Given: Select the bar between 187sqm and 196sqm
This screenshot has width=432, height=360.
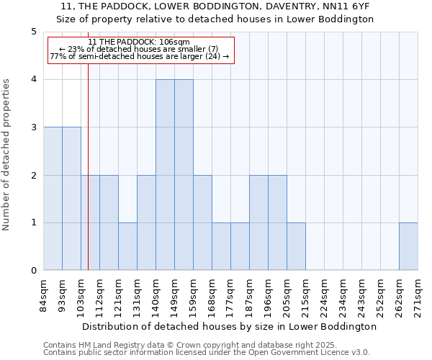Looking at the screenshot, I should tap(258, 222).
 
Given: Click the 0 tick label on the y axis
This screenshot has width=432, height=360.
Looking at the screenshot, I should tap(33, 271).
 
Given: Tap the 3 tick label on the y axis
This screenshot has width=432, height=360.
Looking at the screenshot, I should tap(33, 127).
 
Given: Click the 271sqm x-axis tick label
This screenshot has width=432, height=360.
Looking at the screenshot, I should tap(418, 295).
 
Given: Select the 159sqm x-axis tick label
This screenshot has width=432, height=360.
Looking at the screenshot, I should tap(194, 295).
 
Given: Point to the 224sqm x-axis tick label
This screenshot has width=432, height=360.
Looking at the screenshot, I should tap(325, 295).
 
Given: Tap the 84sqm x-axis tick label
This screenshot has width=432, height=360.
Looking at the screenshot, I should tap(44, 295).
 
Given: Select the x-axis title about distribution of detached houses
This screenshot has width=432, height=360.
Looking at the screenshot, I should tap(230, 326).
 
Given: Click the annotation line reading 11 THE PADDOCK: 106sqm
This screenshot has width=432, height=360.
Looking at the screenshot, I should tap(139, 42).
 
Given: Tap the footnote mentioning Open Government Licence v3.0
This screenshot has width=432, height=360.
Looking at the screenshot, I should tap(207, 353).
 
